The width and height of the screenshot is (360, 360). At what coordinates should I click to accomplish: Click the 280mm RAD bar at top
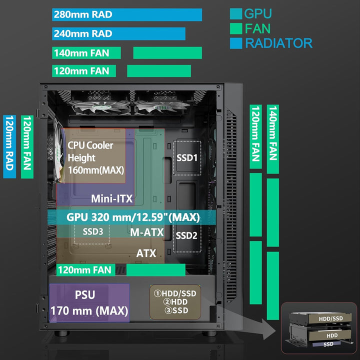tap(127, 14)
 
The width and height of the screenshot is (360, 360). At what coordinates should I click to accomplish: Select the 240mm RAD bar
tap(118, 33)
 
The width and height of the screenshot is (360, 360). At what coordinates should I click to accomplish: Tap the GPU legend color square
tap(235, 14)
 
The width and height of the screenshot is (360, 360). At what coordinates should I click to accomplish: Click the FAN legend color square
tap(235, 28)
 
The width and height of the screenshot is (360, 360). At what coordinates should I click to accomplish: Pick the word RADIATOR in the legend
tap(278, 43)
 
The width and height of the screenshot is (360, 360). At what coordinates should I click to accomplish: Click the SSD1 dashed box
tap(187, 158)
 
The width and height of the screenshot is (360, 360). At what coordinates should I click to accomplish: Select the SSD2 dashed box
tap(187, 235)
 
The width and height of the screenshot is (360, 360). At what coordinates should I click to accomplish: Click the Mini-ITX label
tap(111, 198)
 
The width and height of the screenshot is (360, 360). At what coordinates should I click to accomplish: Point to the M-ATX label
tap(146, 232)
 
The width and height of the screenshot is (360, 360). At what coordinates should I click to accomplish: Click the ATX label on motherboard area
tap(146, 253)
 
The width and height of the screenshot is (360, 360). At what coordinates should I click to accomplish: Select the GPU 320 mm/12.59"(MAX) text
tap(133, 217)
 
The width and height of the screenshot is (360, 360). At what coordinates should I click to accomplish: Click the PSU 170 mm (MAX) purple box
tap(89, 303)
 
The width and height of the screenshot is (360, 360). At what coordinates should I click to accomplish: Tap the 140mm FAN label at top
tap(87, 52)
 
